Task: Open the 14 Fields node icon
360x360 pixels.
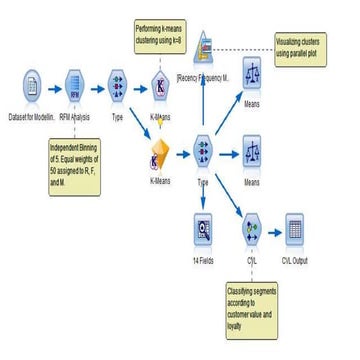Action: click(203, 231)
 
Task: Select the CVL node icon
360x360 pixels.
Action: click(251, 231)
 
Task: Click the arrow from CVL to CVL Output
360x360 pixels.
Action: click(273, 231)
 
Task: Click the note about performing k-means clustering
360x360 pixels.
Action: click(163, 35)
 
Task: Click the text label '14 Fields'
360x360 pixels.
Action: click(203, 259)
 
